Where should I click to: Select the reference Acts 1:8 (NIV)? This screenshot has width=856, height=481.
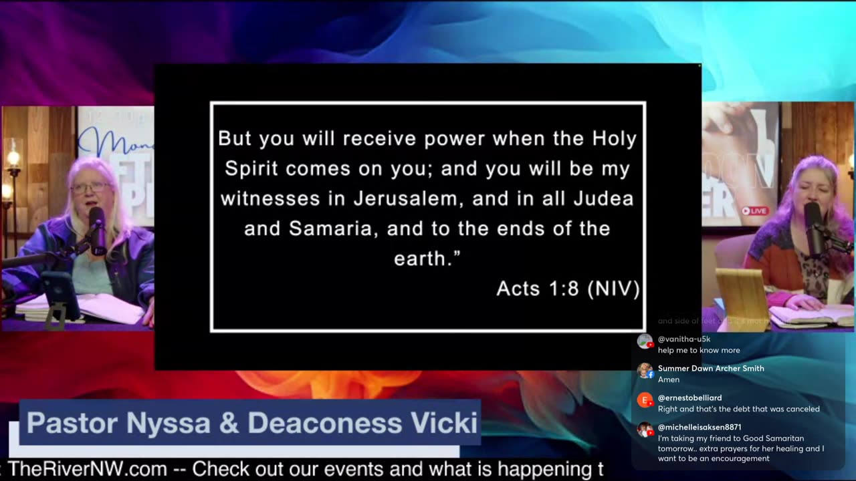coord(568,289)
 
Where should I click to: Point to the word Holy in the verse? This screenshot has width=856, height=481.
coord(614,138)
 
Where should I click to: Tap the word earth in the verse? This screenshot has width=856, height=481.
coord(420,259)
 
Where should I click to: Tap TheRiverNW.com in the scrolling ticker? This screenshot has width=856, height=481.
coord(87,469)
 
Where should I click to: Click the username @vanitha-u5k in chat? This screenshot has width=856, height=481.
coord(684,339)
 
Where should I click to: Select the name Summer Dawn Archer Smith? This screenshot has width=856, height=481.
coord(711,368)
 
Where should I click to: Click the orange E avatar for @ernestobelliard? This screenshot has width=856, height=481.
coord(645,400)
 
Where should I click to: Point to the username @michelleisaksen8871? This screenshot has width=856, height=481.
coord(700,427)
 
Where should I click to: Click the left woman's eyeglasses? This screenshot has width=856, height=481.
coord(91,188)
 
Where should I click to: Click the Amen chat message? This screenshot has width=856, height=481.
coord(668,379)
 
